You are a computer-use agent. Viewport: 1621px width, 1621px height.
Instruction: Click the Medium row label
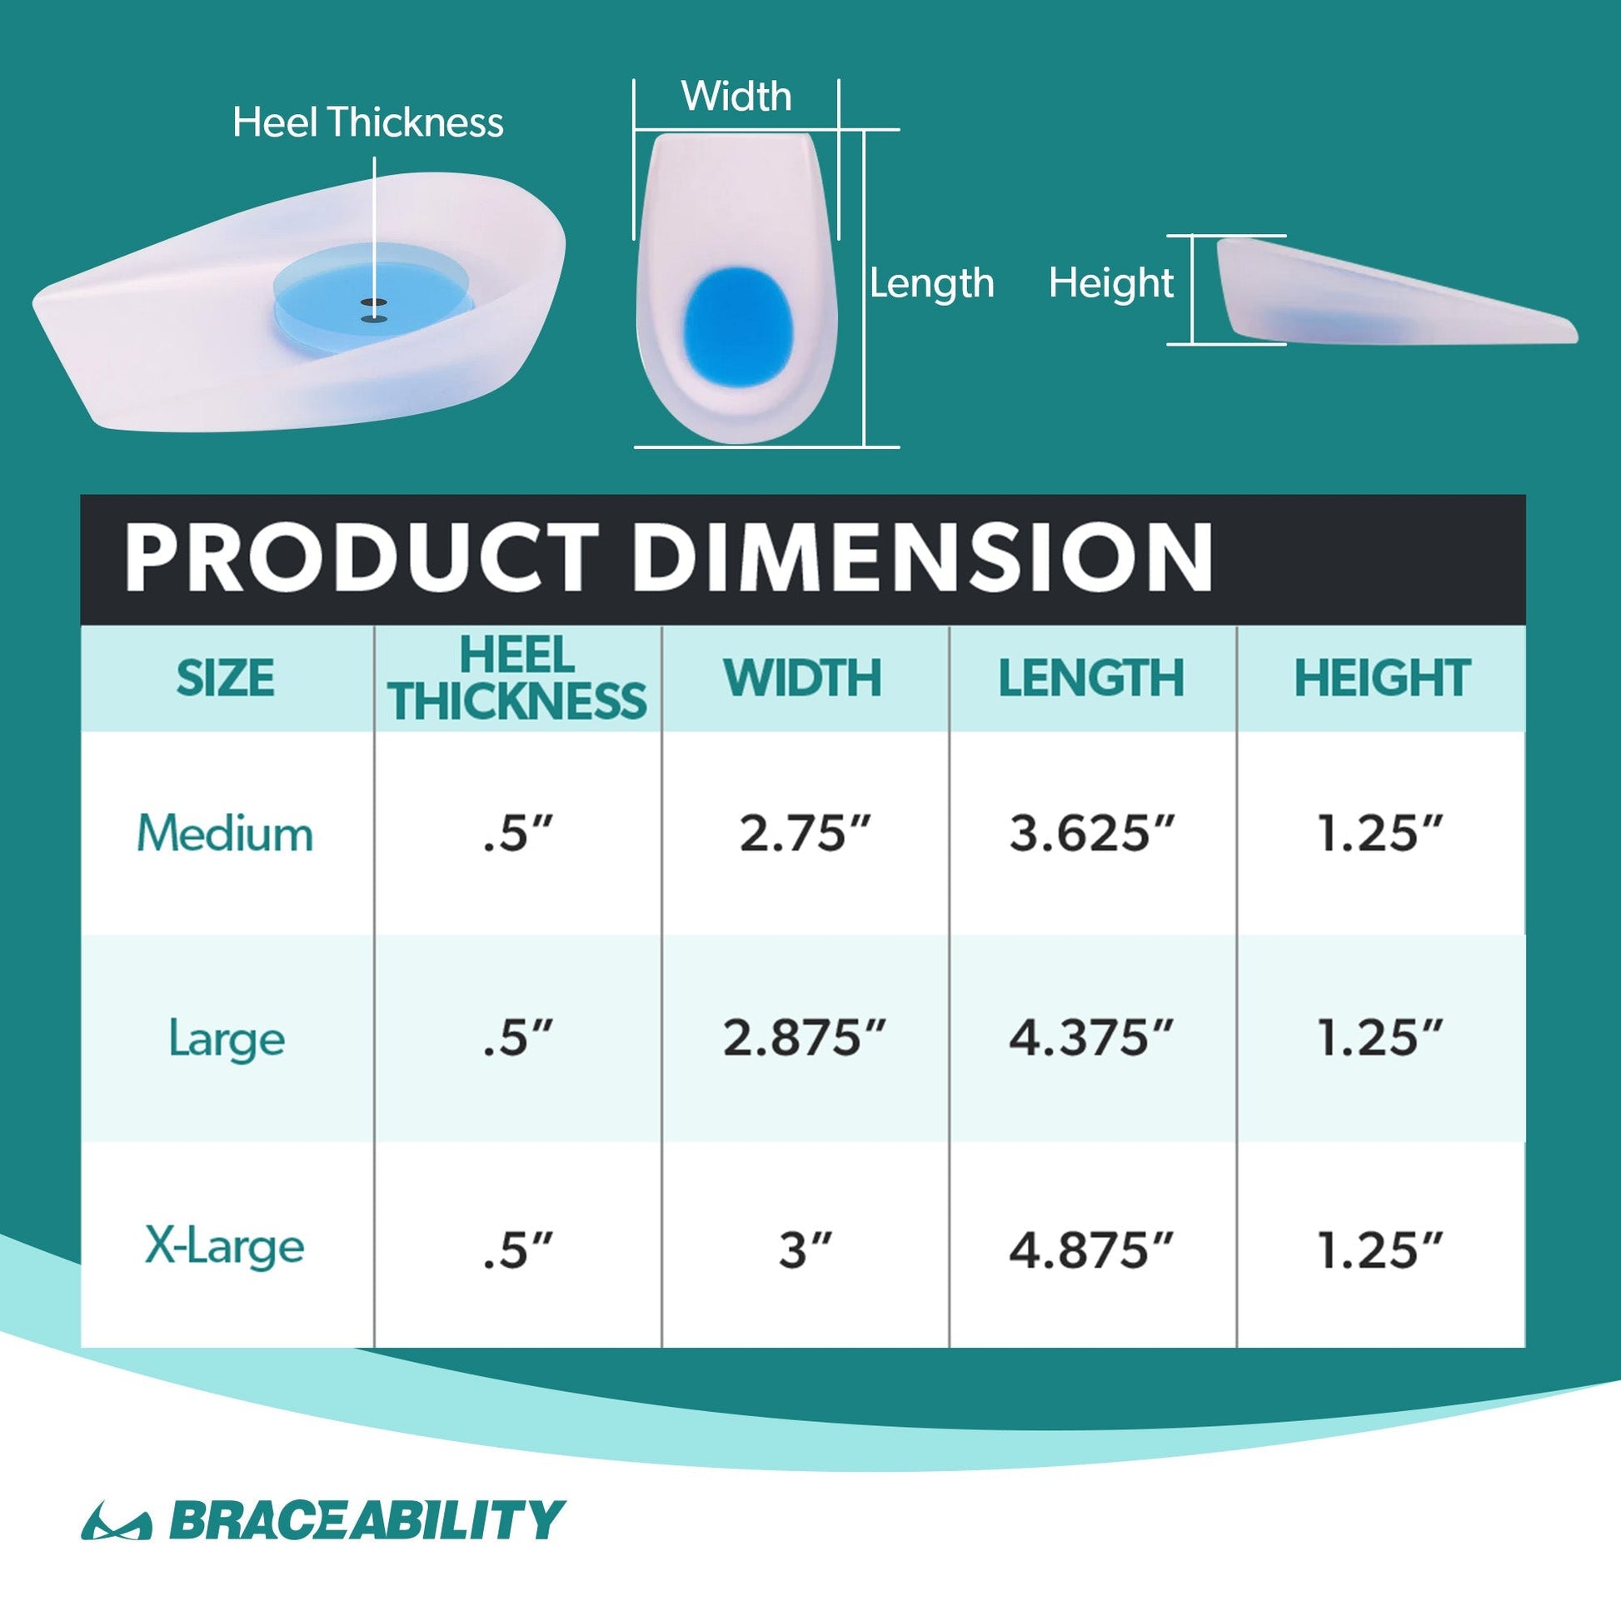pos(225,833)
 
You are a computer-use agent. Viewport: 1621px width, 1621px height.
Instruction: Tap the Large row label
pos(227,1040)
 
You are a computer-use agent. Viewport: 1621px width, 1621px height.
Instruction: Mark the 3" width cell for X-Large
pos(805,1250)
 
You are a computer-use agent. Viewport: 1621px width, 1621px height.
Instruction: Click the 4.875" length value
pos(1091,1250)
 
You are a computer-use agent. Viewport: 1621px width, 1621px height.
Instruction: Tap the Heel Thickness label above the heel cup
pos(368,122)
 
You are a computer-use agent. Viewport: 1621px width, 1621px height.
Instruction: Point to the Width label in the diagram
pos(736,96)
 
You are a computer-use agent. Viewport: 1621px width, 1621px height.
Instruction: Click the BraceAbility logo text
pos(367,1519)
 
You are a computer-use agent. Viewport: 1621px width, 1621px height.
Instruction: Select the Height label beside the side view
pos(1111,283)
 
